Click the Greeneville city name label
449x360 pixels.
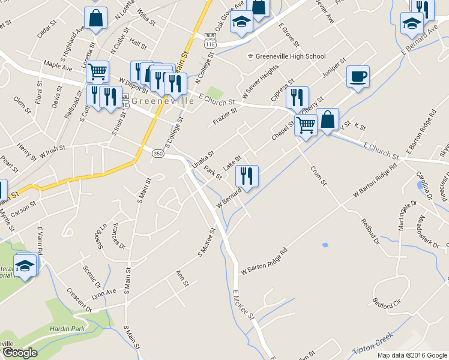pos(163,101)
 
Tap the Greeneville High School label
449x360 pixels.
pos(290,56)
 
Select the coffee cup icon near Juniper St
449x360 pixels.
pos(358,76)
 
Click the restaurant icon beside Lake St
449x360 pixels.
pos(247,176)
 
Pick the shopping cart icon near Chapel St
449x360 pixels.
pos(306,125)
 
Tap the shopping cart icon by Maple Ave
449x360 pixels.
pos(97,72)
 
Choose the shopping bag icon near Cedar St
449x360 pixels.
pos(95,18)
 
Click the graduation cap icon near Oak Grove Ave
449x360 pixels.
pos(242,23)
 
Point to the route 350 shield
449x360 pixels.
pos(158,154)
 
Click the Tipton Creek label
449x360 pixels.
pos(372,343)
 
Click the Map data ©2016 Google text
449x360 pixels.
pos(412,355)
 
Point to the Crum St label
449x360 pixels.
pos(318,175)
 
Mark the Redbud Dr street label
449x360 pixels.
pos(370,232)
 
